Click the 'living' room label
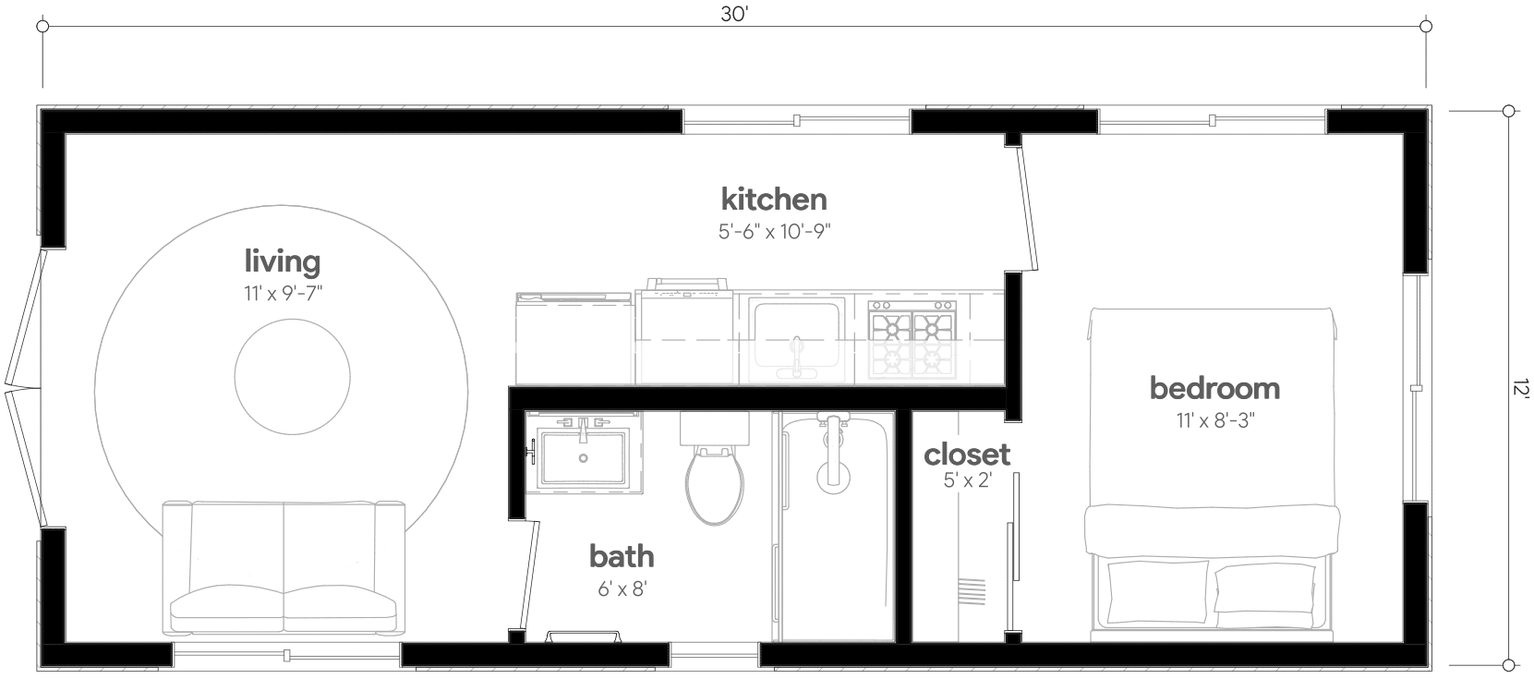[x=282, y=262]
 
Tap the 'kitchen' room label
[x=773, y=199]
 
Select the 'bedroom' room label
[x=1214, y=388]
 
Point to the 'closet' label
[x=966, y=455]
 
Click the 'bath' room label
[x=622, y=556]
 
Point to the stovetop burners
[x=912, y=328]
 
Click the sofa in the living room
[x=283, y=568]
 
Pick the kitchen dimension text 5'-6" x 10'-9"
[x=774, y=232]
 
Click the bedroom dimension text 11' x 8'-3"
[x=1214, y=420]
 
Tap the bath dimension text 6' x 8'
[x=622, y=588]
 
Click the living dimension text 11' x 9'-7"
[x=282, y=295]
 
